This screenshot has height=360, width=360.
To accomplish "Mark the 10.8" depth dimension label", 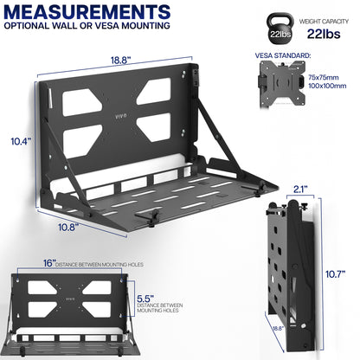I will (x=55, y=228).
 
